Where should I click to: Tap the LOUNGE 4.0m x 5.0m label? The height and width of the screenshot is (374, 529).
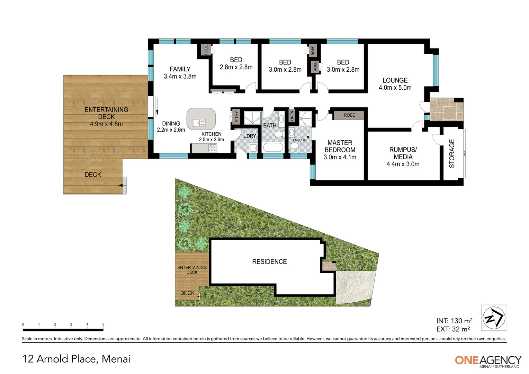(x=395, y=84)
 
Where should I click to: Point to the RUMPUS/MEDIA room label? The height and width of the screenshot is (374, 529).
(x=403, y=157)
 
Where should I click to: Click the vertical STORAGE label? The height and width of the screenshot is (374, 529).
(x=452, y=153)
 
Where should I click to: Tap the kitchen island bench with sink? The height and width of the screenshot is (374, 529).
(x=201, y=119)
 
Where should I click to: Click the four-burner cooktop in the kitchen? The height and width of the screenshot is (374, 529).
(x=212, y=148)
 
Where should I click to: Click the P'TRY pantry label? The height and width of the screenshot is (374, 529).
(x=236, y=116)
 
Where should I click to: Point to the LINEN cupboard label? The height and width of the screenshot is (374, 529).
(x=292, y=116)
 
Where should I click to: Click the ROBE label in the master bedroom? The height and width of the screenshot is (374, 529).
(x=349, y=115)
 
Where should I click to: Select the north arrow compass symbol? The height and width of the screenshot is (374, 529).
(x=494, y=318)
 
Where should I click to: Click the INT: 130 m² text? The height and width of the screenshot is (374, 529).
(x=454, y=321)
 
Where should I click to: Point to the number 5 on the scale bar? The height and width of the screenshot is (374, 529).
(x=103, y=324)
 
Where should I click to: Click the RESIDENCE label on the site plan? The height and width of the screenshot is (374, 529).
(x=269, y=262)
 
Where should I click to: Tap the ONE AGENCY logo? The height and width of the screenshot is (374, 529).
(x=488, y=361)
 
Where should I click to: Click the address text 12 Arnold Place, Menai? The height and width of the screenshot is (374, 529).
(x=77, y=359)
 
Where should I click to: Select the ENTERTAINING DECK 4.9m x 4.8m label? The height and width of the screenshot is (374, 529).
(x=106, y=117)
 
